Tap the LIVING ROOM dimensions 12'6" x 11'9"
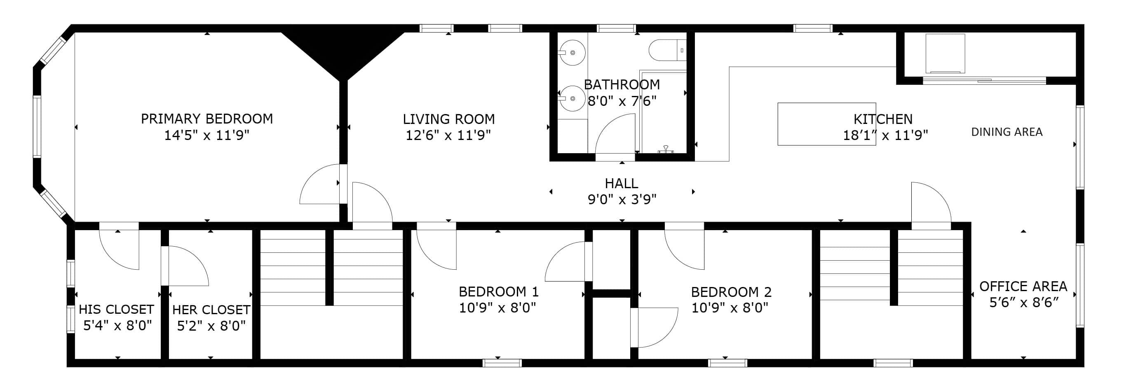[x=448, y=135]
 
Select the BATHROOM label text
[x=622, y=84]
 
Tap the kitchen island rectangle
[x=827, y=124]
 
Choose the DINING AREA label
[x=1007, y=132]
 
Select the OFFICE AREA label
[x=1023, y=286]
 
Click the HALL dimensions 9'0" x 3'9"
[x=622, y=199]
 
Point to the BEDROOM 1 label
[x=499, y=292]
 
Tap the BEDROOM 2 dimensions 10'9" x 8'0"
[x=730, y=307]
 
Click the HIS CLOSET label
[x=117, y=309]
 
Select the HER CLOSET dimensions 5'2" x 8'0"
[x=211, y=326]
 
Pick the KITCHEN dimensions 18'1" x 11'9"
[x=885, y=135]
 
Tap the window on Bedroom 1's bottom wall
[x=502, y=363]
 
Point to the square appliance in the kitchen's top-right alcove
[x=946, y=53]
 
